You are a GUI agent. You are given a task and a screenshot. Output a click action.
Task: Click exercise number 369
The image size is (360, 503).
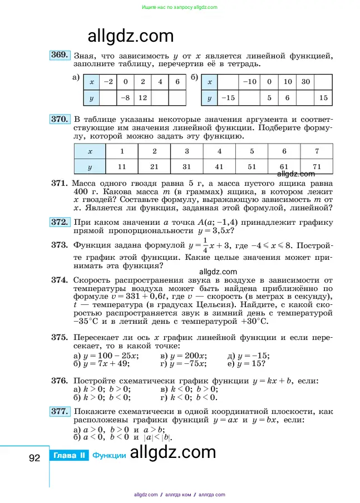coord(60,55)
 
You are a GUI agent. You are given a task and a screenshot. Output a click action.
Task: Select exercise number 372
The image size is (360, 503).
coord(60,222)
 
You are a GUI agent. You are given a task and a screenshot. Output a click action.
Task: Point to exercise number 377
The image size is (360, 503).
coord(60,411)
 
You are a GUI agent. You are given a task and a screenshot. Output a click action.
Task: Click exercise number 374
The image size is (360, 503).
coord(60,280)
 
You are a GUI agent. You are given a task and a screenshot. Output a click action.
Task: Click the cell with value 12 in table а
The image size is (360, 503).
coord(142,98)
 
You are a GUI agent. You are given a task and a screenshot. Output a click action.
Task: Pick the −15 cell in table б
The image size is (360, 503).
coord(227,98)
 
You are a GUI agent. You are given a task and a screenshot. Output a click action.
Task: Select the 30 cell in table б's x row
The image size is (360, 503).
coord(306,82)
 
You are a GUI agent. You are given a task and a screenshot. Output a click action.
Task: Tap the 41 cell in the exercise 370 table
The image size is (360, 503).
coord(219,166)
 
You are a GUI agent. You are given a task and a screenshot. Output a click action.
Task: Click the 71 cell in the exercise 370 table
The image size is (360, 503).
coord(317,166)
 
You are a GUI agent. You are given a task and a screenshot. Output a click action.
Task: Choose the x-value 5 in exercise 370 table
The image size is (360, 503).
coord(252,151)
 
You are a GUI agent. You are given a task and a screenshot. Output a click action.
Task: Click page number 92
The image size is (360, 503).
coord(34,457)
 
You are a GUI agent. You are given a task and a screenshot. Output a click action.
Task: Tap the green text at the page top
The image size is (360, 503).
coord(180,7)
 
